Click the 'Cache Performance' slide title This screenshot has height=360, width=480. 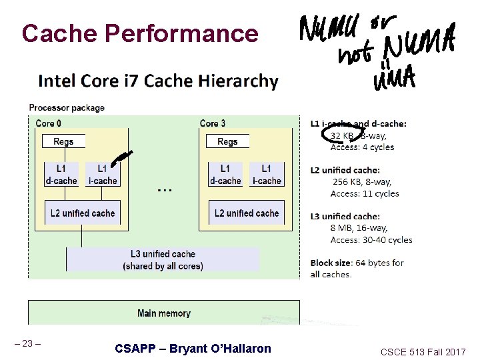tap(139, 33)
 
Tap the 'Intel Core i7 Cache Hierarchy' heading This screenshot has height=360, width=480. tap(159, 81)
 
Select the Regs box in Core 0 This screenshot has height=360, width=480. tap(63, 141)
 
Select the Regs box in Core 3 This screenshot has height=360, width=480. tap(227, 141)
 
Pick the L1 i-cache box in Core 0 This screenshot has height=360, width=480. tap(102, 174)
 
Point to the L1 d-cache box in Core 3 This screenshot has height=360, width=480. tap(225, 174)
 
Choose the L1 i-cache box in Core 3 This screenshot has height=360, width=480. tap(266, 174)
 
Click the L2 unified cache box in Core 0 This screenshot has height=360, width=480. tap(83, 213)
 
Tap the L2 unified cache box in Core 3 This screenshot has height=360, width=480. tap(247, 213)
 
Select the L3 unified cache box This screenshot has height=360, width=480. tap(163, 260)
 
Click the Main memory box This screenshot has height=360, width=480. tap(164, 313)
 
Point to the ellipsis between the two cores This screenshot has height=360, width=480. tap(164, 190)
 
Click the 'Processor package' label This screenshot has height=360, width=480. tap(67, 108)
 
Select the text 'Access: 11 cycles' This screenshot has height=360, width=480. tap(365, 193)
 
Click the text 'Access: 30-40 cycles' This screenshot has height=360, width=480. tap(371, 239)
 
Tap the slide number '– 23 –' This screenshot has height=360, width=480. tap(28, 344)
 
